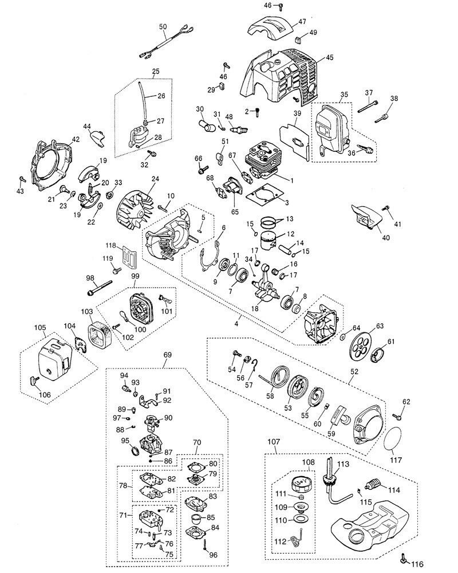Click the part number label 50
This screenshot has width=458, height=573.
click(163, 26)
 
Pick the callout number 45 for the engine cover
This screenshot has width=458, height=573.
click(329, 57)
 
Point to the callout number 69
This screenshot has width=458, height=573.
click(168, 355)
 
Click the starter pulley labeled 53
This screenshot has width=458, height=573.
click(298, 386)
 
